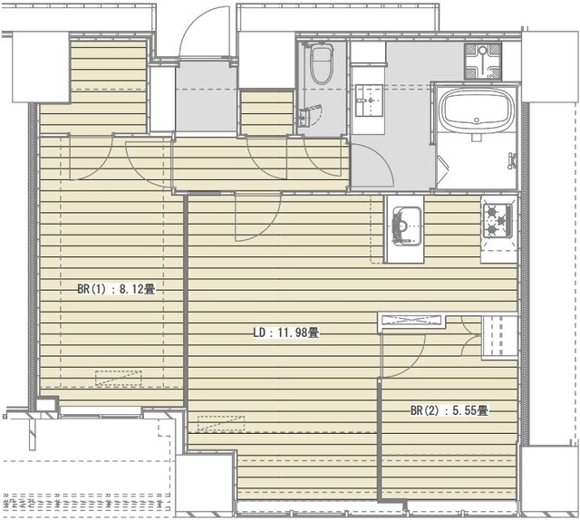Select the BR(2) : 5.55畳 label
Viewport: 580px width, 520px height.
click(x=449, y=410)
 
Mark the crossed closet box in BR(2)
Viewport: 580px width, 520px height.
click(x=413, y=319)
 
